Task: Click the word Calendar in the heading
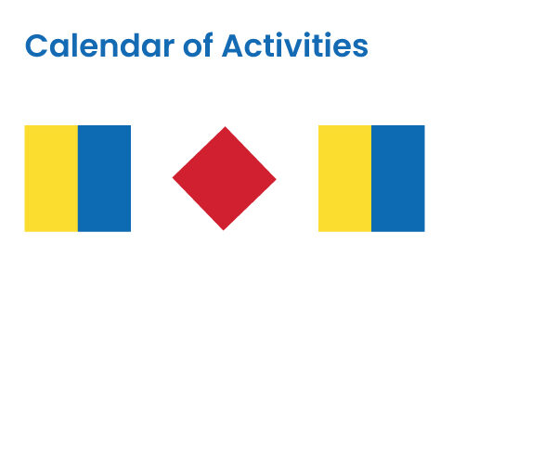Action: pos(97,45)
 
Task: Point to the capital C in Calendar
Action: pos(35,45)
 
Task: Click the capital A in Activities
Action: pos(233,45)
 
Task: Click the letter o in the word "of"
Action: pos(190,47)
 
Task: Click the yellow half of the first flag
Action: pos(51,178)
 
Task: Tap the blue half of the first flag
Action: pos(104,178)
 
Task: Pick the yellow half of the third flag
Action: pos(344,178)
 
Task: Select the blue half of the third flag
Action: pos(398,178)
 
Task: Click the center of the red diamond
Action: pos(224,178)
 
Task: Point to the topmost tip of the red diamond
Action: pos(224,128)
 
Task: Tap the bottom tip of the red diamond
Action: pos(224,228)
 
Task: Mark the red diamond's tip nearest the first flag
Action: pos(175,178)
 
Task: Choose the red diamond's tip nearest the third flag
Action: pos(274,178)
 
